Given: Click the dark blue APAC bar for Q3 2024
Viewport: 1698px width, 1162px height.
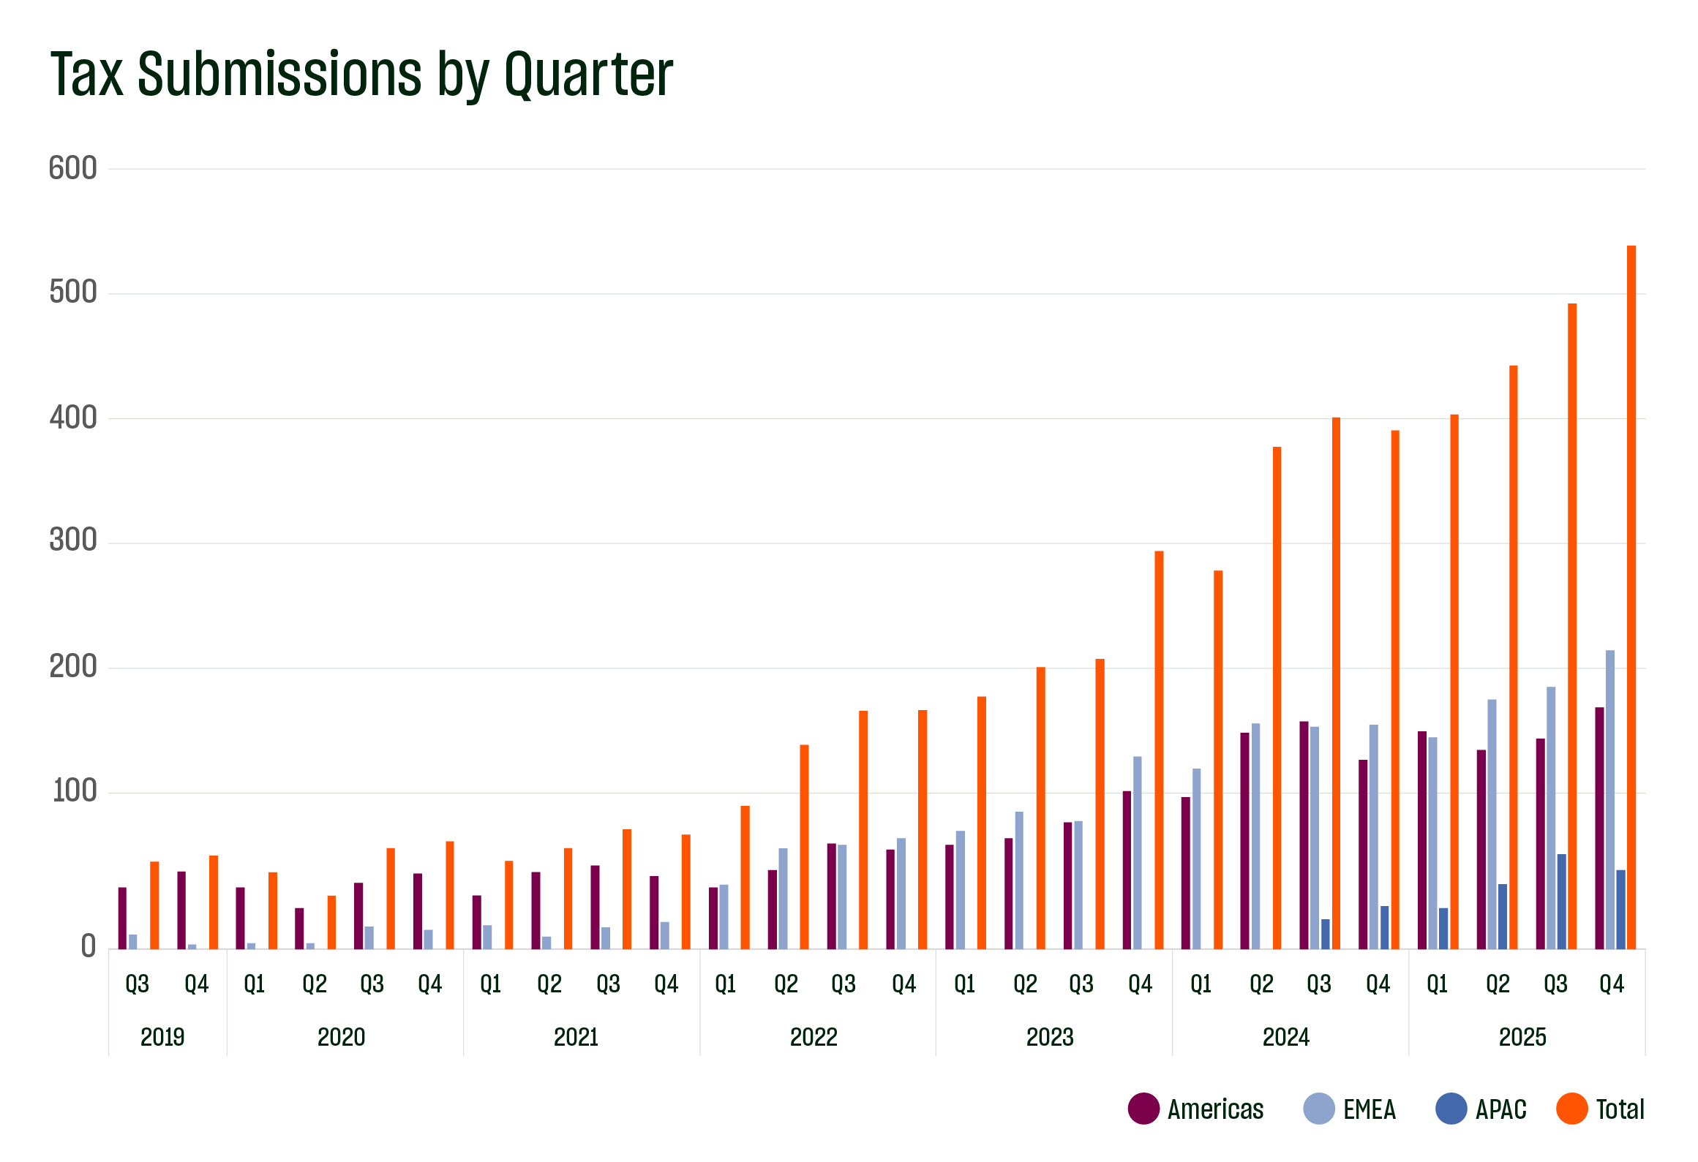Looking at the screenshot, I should [1325, 934].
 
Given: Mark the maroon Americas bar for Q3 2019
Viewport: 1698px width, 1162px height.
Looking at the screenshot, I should [122, 918].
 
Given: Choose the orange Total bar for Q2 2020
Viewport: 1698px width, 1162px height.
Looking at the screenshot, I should [331, 922].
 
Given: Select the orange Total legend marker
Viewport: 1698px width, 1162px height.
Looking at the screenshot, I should [1571, 1109].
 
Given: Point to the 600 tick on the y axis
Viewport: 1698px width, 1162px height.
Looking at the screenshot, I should [72, 169].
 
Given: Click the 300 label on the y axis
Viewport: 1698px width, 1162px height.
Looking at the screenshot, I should [72, 540].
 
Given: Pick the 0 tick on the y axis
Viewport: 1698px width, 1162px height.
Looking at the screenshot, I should [89, 947].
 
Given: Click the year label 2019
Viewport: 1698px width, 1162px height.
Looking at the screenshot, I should [162, 1037].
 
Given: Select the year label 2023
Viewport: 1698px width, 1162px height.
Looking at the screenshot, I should [1050, 1037].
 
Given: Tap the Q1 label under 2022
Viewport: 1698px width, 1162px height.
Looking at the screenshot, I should [725, 984].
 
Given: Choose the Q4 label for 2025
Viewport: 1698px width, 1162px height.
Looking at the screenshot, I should [1611, 984].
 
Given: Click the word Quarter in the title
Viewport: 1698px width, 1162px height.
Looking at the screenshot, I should [588, 75].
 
